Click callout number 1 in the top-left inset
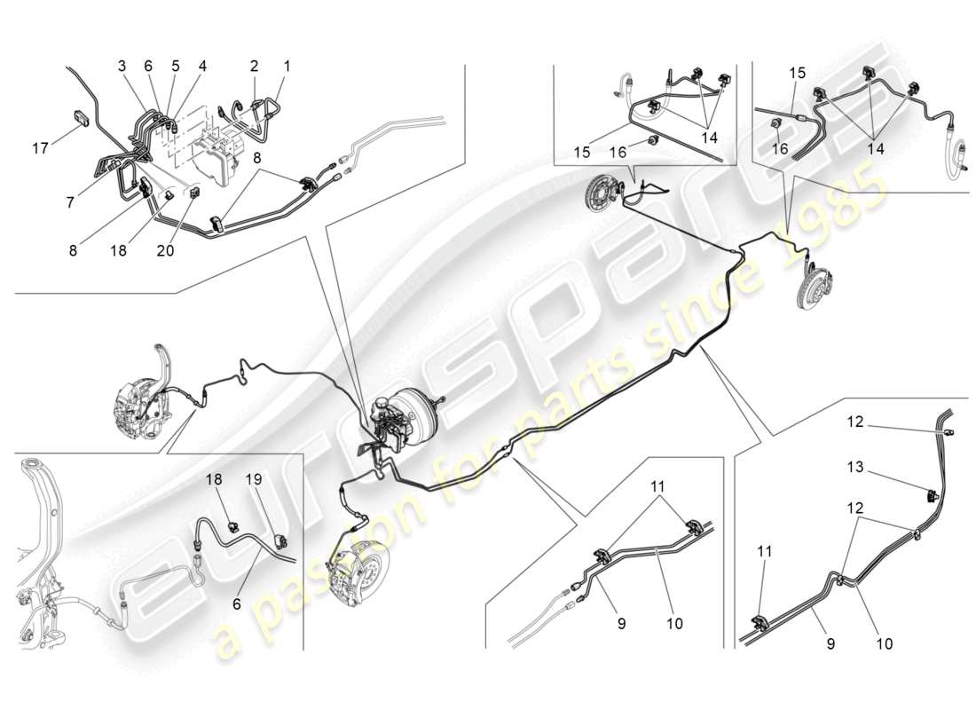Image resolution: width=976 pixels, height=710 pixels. point(287,66)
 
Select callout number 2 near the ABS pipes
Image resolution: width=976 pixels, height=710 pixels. point(254,66)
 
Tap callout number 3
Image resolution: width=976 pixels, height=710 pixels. point(122,66)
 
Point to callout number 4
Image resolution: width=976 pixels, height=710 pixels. point(202,66)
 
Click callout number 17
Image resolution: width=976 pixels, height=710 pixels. point(39,148)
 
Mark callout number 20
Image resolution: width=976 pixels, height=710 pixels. point(165,250)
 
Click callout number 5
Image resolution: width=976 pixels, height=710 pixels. point(176,66)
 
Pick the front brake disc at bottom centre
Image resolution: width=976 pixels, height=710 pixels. point(358,572)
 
